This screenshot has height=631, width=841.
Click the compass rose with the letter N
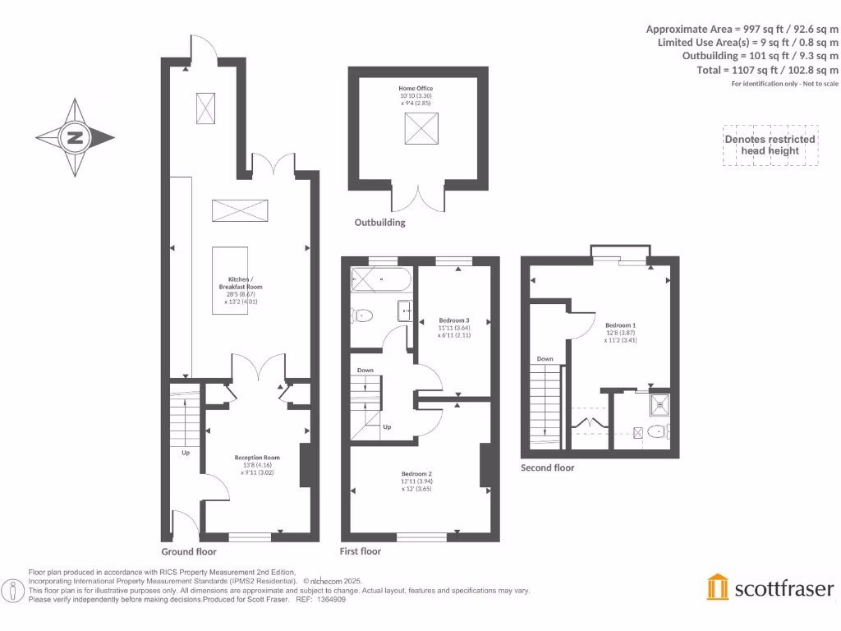pos(75,138)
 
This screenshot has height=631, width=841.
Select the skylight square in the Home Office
pos(420,129)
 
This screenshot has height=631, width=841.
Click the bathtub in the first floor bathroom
pos(380,280)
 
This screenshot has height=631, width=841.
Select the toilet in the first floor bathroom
pos(362,315)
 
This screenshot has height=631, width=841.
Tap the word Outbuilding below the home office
pos(379,223)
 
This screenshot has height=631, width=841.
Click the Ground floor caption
pos(189,552)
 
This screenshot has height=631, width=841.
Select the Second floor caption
pos(548,467)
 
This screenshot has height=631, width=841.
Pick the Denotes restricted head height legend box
pos(770,145)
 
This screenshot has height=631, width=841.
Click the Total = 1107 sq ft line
pos(767,70)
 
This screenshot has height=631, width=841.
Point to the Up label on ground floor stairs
pos(186,452)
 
